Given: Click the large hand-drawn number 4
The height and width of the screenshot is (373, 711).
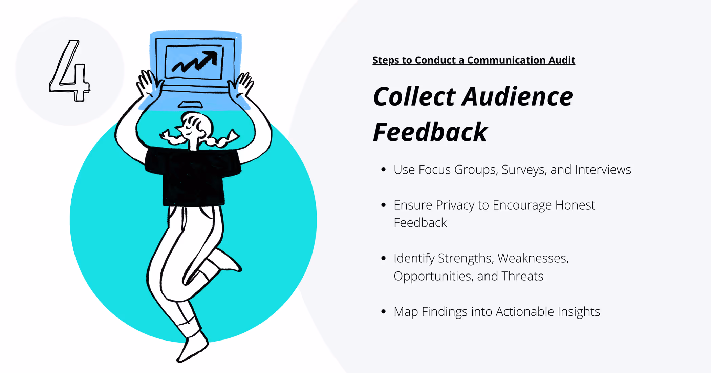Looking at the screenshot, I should click(69, 71).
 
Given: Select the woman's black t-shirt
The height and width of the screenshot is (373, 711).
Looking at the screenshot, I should click(193, 176).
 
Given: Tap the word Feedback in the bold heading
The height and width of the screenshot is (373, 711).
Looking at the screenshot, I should click(430, 132).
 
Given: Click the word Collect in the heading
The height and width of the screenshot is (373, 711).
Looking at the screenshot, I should click(414, 97).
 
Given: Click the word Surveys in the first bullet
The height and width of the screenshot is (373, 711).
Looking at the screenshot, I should click(523, 170).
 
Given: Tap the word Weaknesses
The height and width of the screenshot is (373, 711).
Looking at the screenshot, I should click(533, 258).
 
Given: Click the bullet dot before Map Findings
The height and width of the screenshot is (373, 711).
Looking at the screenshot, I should click(383, 312).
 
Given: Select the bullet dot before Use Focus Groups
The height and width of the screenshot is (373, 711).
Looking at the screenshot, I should click(383, 170).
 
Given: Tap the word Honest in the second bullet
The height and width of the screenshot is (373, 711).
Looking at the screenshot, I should click(575, 205).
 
